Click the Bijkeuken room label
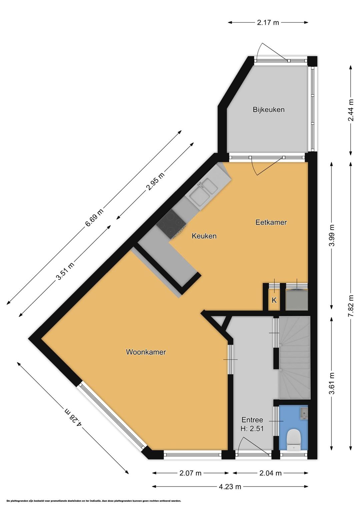tap(269, 110)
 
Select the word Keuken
tap(204, 236)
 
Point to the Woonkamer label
tap(146, 352)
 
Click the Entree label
tap(252, 420)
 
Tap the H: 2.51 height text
tap(252, 429)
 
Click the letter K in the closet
tap(274, 300)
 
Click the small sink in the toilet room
tap(303, 413)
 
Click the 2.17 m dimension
tap(268, 23)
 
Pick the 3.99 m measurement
tap(332, 235)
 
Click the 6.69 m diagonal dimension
tap(94, 217)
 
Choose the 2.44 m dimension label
tap(351, 110)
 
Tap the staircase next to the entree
tap(295, 357)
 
